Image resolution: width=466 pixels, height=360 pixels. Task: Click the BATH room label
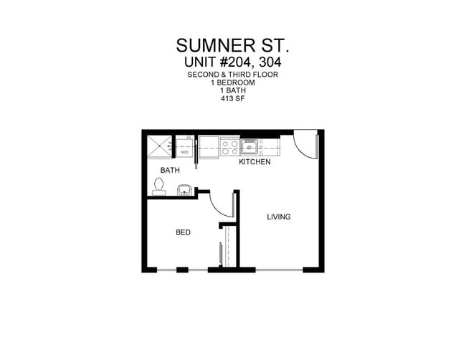(170, 171)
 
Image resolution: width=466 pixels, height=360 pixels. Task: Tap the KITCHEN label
(255, 162)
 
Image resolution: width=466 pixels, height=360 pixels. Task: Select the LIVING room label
(279, 217)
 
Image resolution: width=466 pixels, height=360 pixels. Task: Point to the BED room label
(183, 232)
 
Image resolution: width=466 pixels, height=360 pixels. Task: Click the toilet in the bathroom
(158, 186)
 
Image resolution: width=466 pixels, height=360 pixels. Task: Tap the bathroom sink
(184, 190)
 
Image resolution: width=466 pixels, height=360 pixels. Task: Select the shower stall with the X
(160, 146)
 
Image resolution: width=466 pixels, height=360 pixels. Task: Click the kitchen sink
(249, 148)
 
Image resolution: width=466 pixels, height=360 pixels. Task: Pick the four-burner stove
(230, 148)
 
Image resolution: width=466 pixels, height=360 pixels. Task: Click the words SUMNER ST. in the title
(233, 45)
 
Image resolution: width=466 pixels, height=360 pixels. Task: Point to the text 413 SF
(233, 99)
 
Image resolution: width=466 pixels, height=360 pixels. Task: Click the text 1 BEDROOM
(233, 82)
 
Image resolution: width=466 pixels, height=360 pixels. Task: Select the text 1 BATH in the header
(233, 91)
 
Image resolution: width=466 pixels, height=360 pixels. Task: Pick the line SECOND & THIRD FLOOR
(233, 75)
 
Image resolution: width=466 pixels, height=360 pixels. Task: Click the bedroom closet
(228, 247)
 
